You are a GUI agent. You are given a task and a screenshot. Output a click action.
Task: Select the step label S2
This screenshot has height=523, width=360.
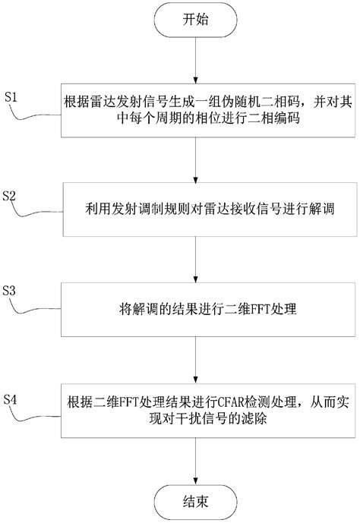click(x=11, y=196)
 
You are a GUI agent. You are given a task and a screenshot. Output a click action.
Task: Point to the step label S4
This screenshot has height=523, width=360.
click(x=11, y=398)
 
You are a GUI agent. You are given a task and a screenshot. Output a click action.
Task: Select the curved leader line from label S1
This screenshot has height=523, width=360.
click(x=38, y=114)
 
